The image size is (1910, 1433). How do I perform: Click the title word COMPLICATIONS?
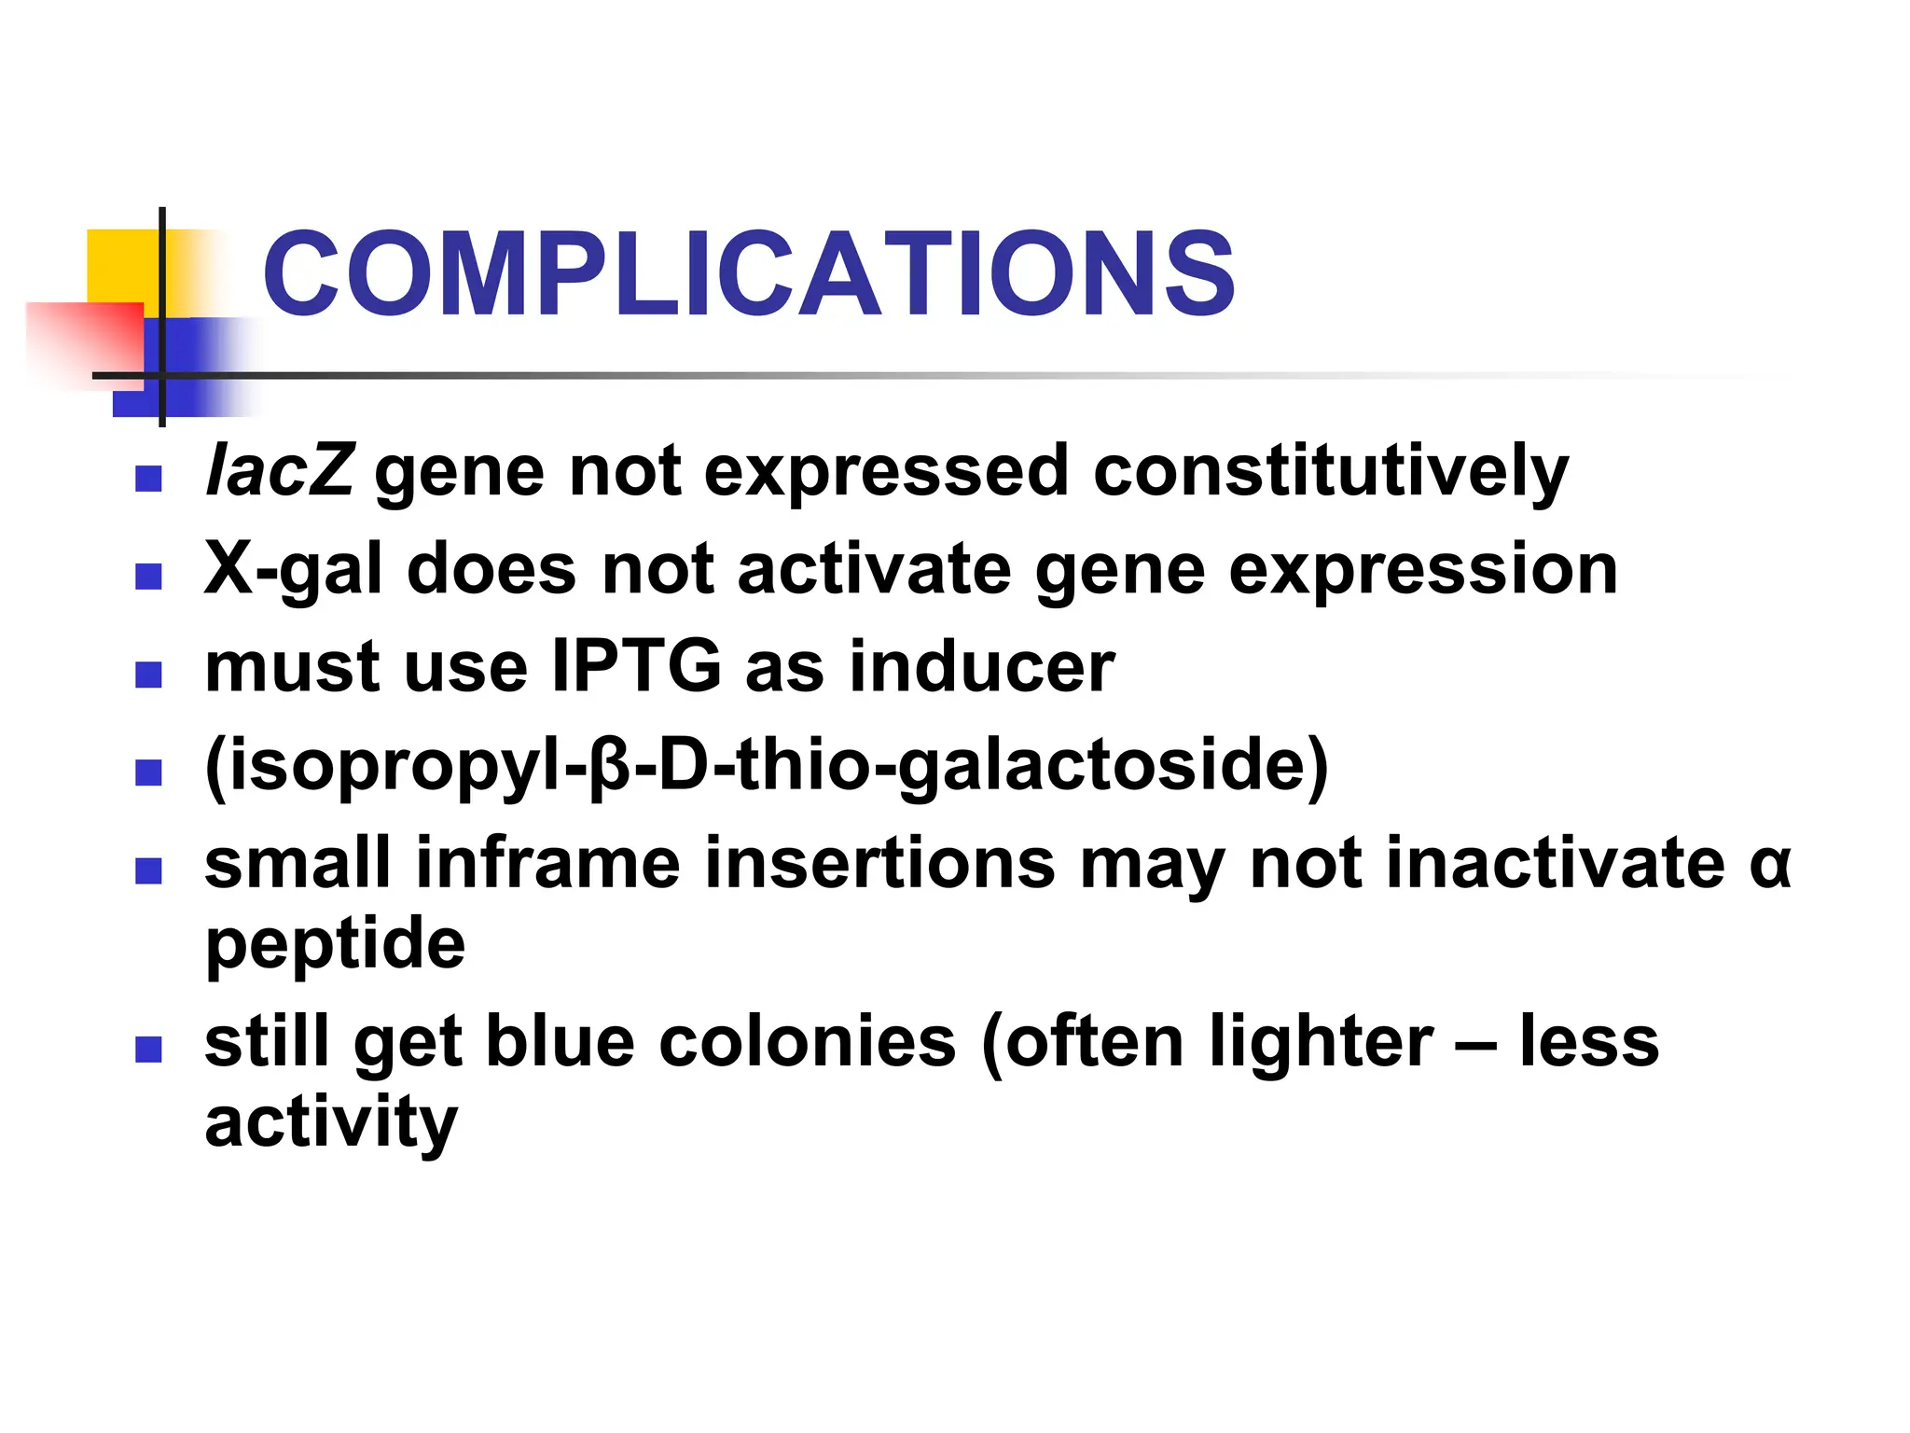coord(749,274)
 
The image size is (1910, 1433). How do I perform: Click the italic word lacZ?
coord(279,470)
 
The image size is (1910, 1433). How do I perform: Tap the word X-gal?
coord(293,569)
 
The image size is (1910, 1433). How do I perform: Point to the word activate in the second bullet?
coord(874,569)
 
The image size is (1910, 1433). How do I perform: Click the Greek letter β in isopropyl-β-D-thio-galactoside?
coord(611,765)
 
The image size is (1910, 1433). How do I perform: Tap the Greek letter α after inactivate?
coord(1769,864)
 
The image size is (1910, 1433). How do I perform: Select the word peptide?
coord(335,944)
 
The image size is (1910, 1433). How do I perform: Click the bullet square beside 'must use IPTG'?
coord(148,675)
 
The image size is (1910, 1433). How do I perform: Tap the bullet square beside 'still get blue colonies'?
coord(148,1050)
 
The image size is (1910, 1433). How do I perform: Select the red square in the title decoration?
coord(84,341)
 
